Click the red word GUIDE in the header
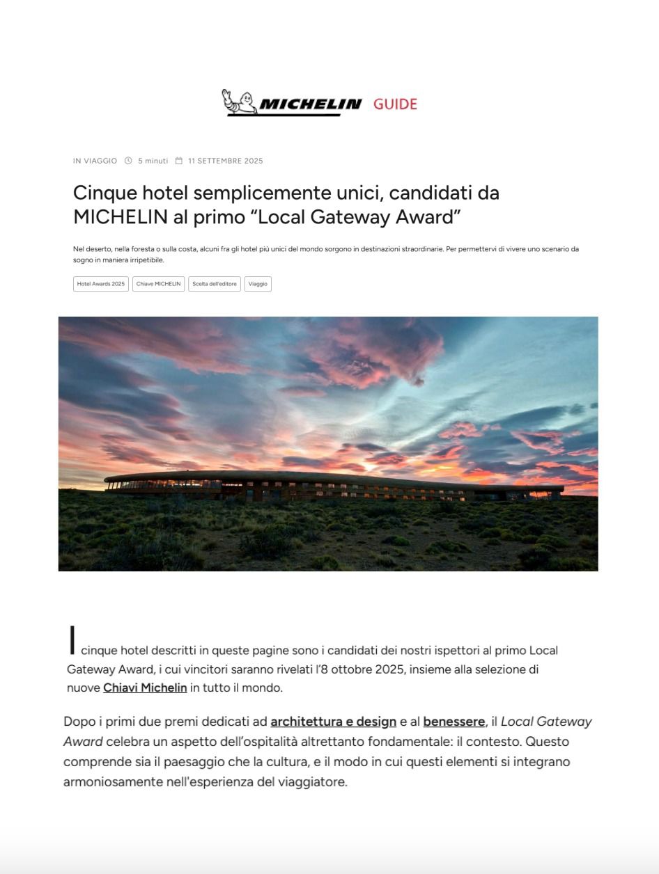[395, 104]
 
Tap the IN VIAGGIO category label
[95, 161]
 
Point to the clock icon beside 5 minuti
[128, 161]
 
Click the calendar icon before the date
[179, 161]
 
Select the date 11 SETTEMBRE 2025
[226, 161]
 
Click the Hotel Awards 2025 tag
[101, 284]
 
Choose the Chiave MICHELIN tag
[158, 284]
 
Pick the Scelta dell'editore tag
[215, 284]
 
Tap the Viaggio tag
[258, 284]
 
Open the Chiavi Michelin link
[145, 688]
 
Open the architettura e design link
[333, 722]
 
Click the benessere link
[453, 722]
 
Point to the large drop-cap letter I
[72, 640]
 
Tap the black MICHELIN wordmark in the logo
[310, 104]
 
